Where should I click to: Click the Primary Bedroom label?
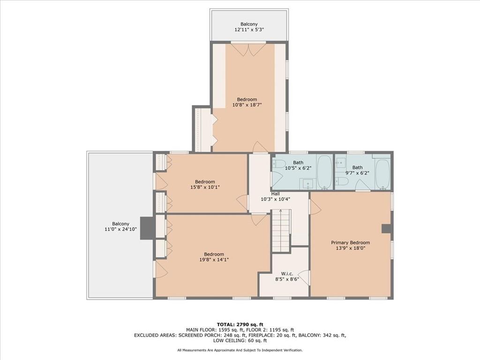tap(350, 243)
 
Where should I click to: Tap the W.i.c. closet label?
tap(287, 274)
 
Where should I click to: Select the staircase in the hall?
tap(281, 231)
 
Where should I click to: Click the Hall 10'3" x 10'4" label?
tap(275, 196)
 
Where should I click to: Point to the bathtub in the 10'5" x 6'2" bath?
tap(324, 172)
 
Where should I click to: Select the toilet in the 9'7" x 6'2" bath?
tap(342, 181)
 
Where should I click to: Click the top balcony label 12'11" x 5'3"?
tap(249, 27)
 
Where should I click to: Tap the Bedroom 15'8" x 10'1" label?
tap(205, 184)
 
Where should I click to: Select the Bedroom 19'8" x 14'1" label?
tap(213, 257)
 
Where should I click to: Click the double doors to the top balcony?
tap(248, 49)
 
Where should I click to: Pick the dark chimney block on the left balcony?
tap(147, 228)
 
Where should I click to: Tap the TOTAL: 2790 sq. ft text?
tap(240, 324)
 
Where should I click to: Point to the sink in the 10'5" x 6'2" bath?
tap(307, 183)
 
